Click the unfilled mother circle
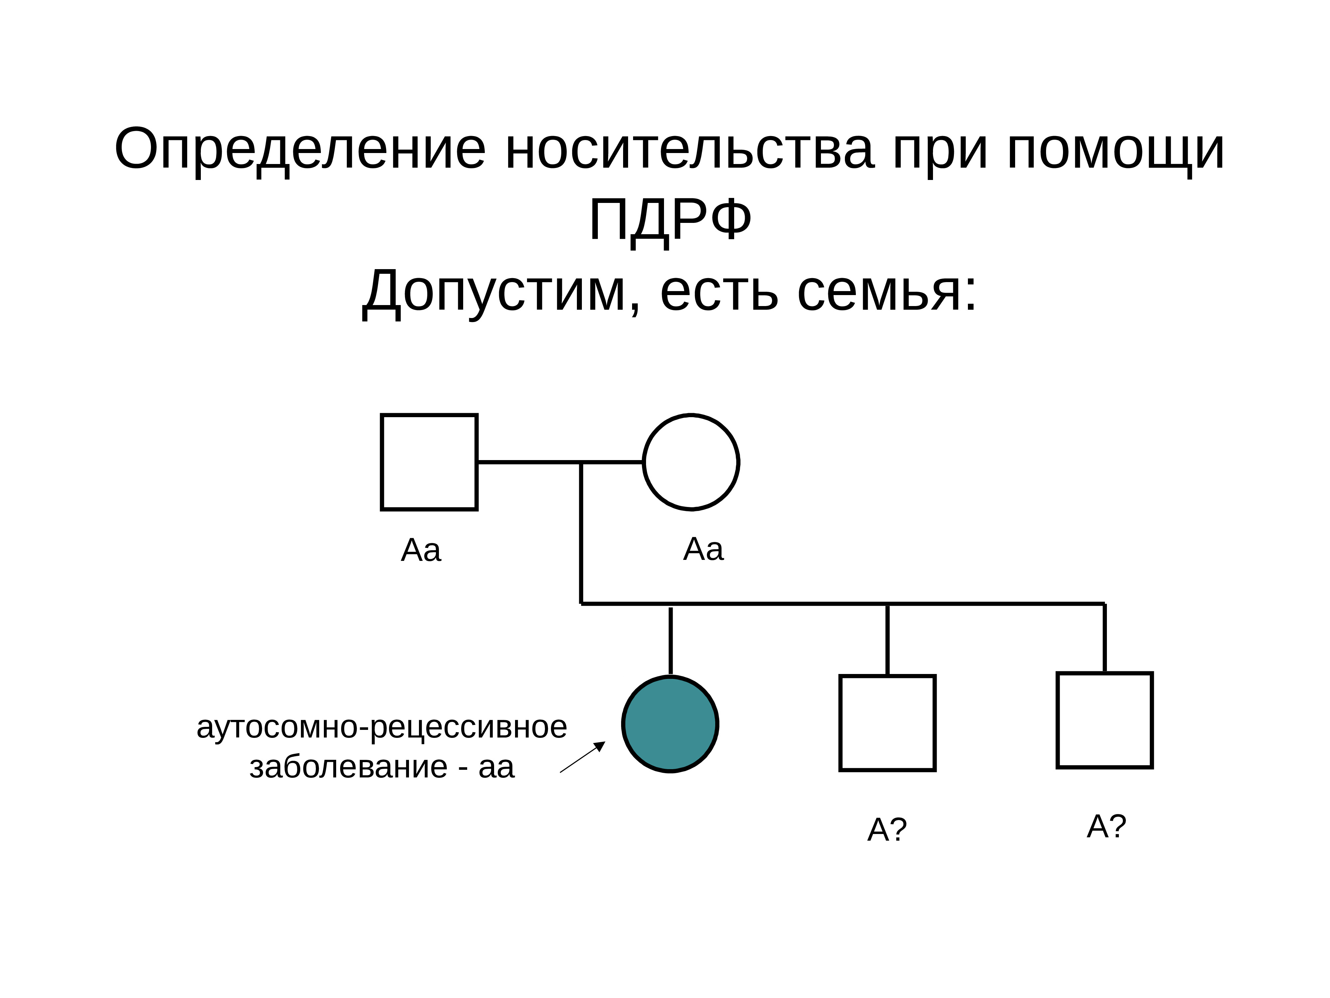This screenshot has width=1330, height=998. point(691,462)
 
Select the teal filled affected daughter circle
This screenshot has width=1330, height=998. point(670,724)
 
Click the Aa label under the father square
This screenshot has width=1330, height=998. point(421,550)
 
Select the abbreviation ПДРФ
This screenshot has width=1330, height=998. point(670,220)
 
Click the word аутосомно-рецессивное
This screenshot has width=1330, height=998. point(382,727)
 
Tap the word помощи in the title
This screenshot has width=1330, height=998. point(1115,149)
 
